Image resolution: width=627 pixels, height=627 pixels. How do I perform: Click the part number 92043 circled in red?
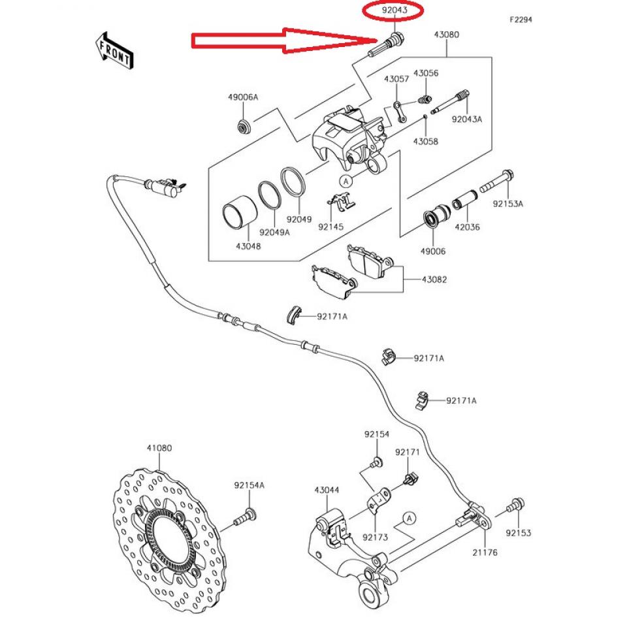point(394,11)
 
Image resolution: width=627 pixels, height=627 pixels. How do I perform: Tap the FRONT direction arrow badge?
point(115,50)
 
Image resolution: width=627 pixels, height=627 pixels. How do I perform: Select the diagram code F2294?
point(521,20)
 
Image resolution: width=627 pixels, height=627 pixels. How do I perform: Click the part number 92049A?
point(274,232)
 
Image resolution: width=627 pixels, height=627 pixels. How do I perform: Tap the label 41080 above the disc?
point(159,449)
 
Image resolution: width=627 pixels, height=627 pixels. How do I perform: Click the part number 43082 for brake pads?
point(434,280)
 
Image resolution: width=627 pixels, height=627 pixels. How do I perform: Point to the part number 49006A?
point(243,97)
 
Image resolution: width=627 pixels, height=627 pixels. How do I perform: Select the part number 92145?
point(331,227)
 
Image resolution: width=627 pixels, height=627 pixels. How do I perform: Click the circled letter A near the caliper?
point(346,180)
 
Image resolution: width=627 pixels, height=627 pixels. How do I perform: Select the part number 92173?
point(376,538)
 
